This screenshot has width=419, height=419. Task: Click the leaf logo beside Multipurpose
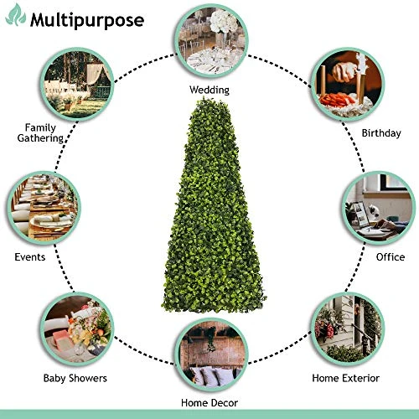point(16,15)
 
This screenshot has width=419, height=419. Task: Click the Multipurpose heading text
point(87,21)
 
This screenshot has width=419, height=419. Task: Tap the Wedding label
point(209,90)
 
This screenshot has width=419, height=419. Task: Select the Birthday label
point(381,133)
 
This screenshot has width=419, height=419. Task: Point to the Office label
point(391,257)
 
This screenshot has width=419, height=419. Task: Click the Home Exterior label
point(345,378)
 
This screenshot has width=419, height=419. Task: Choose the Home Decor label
point(209,403)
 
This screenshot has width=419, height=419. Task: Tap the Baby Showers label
point(75,378)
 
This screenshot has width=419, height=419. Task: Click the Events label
point(30,257)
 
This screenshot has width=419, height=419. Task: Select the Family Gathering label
point(41,133)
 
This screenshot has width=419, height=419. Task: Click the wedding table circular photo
point(211,41)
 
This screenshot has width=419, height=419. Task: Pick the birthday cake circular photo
point(348,85)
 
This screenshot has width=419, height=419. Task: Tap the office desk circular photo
point(379,208)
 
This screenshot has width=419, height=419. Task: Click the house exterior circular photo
point(348,329)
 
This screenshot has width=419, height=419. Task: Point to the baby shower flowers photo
point(77,329)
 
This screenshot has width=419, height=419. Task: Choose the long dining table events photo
point(44,208)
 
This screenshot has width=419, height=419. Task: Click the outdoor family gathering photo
point(77,85)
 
